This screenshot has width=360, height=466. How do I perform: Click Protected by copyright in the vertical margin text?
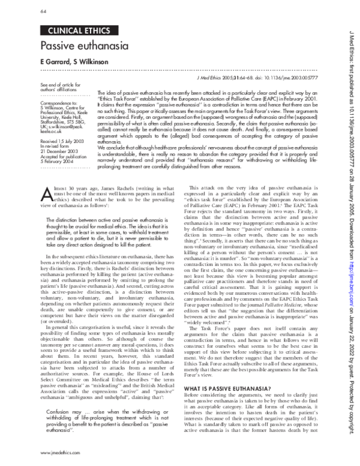[x=347, y=415]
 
